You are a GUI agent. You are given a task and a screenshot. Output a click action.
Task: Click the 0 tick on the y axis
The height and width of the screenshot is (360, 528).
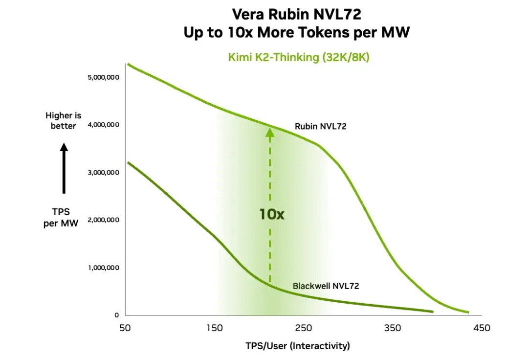116,315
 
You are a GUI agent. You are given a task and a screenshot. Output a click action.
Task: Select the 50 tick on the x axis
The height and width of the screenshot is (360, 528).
125,328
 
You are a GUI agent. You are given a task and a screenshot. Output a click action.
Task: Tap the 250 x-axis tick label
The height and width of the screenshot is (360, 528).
304,328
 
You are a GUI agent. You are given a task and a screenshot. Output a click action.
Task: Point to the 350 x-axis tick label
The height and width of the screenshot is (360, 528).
393,328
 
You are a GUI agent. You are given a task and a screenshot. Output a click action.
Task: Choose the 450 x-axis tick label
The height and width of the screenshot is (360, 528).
482,328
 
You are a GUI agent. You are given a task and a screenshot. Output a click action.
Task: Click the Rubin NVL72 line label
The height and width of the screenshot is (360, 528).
320,126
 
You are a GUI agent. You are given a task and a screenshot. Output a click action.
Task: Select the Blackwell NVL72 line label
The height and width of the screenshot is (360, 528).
326,286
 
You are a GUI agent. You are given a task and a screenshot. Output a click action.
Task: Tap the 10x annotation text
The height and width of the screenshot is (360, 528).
271,214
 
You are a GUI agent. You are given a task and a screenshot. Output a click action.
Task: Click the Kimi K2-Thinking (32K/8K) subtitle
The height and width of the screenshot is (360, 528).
299,57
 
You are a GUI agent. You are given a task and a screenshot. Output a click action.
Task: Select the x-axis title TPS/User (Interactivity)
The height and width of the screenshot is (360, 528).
298,346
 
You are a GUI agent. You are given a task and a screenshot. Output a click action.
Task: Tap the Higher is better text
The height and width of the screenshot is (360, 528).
64,121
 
